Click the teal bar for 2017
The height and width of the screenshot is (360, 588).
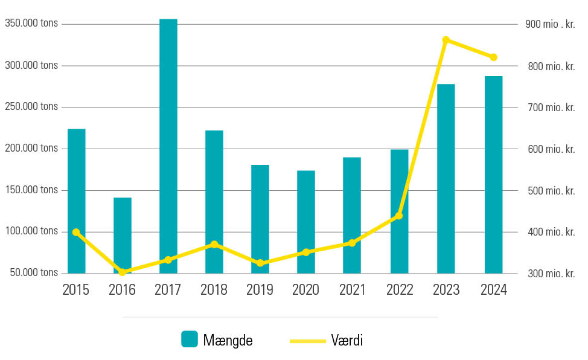coord(168,145)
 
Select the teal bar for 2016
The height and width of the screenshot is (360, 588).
coord(122,236)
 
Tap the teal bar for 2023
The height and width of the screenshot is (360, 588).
coord(446,178)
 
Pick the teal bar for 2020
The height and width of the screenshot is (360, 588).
coord(306,222)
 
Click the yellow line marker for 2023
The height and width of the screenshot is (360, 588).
coord(446,40)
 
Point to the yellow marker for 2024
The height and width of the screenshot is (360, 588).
coord(493,57)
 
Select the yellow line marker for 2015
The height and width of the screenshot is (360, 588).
coord(76,232)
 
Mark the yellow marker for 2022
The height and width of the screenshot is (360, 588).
coord(399,216)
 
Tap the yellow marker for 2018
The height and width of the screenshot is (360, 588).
coord(214,244)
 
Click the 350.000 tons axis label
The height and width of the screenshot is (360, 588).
coord(31,24)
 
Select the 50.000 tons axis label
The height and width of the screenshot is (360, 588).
coord(34,272)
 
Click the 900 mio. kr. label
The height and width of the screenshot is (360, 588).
coord(550,25)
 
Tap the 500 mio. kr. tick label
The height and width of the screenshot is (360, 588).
coord(551,191)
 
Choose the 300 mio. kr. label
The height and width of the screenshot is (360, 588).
coord(551,274)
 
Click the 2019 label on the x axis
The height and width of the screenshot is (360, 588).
coord(260,290)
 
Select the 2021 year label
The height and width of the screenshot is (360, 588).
coord(352,290)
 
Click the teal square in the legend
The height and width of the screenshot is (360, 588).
coord(190,339)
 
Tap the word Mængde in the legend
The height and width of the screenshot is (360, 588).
coord(228,341)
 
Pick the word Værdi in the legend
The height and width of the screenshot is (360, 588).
coord(347,341)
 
